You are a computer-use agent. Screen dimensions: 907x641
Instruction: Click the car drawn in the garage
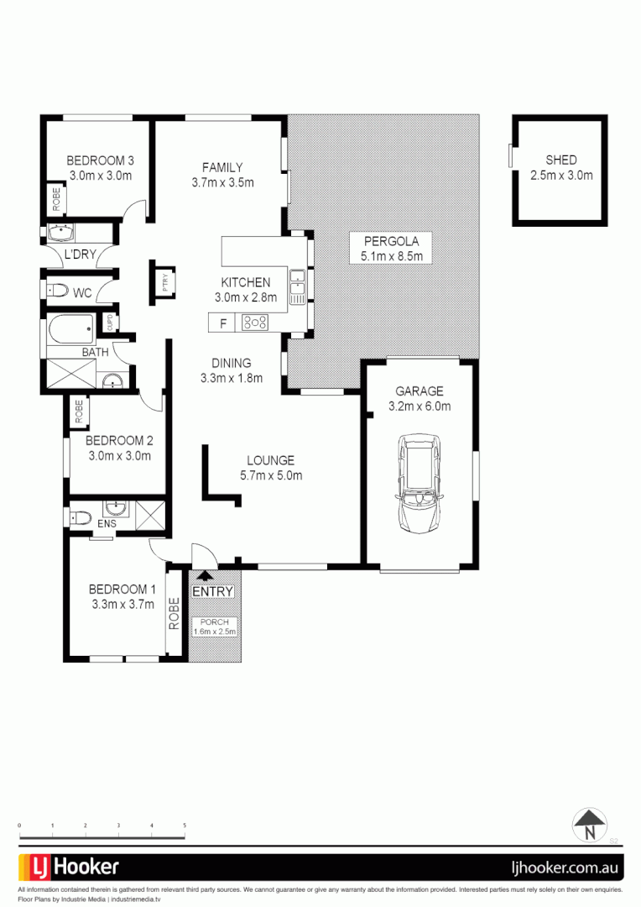click(x=420, y=481)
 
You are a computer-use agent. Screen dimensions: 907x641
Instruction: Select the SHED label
click(x=560, y=160)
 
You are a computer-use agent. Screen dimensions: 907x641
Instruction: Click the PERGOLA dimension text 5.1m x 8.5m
click(x=391, y=257)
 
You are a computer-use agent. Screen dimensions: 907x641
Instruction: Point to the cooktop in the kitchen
click(x=255, y=322)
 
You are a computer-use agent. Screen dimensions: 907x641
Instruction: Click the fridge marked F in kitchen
click(x=223, y=322)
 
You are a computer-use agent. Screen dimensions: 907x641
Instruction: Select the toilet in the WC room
click(x=58, y=291)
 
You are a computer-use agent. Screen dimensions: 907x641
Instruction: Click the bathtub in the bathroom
click(x=70, y=329)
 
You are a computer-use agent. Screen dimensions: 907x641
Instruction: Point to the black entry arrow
click(x=202, y=576)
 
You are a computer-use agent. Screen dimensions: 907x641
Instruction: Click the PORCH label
click(x=215, y=621)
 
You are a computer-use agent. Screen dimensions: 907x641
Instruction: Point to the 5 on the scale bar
click(x=185, y=826)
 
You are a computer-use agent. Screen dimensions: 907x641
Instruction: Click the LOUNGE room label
click(x=270, y=460)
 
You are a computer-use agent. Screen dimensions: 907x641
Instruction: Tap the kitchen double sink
click(x=298, y=286)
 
